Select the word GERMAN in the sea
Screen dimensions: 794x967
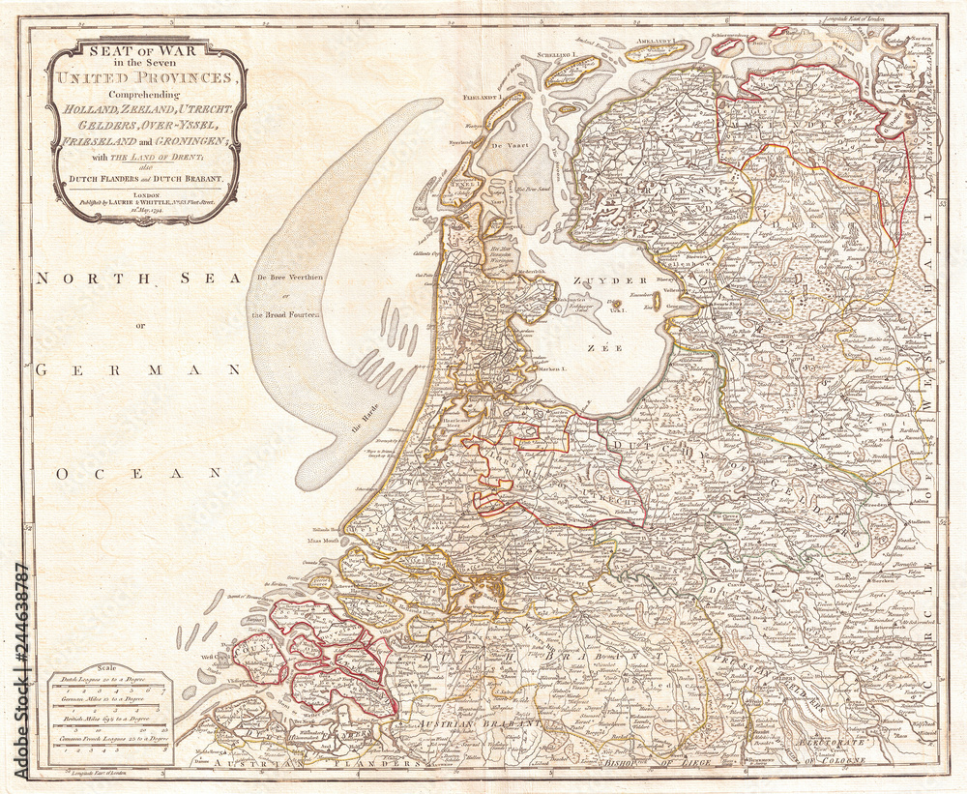click(138, 370)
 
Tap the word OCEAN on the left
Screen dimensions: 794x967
click(138, 473)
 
